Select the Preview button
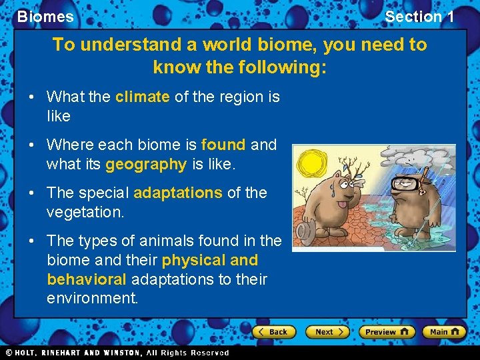[386, 331]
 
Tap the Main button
[445, 331]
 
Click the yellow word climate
[142, 97]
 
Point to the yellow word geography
[146, 164]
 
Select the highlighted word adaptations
[178, 193]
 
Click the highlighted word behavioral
[87, 279]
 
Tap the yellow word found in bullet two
[223, 145]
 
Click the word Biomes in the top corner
[45, 17]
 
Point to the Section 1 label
[419, 17]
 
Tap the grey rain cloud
[417, 159]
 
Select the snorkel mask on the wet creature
[405, 183]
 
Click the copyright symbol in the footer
[9, 353]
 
